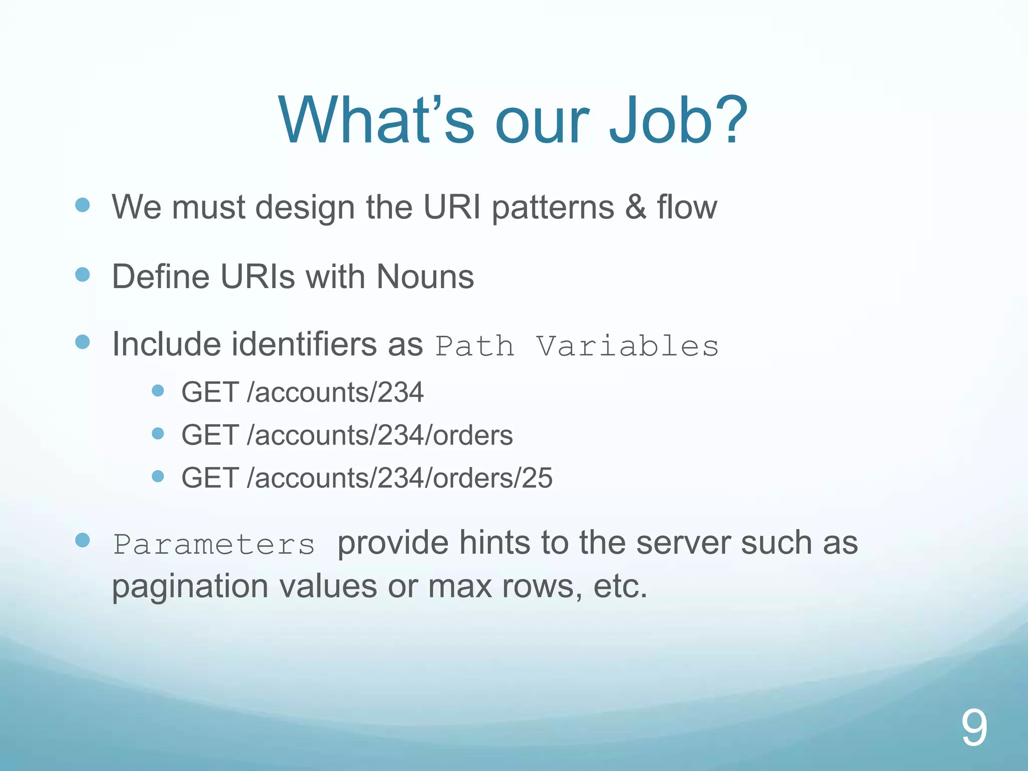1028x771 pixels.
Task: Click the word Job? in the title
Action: click(678, 120)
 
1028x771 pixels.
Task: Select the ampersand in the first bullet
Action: click(635, 207)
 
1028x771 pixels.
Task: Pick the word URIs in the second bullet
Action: click(258, 276)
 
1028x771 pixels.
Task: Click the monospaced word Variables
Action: click(627, 346)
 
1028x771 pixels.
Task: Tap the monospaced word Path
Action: click(475, 346)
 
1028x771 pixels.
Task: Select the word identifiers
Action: click(304, 344)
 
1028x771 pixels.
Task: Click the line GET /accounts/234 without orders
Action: click(302, 392)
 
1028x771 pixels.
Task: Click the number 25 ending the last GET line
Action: click(537, 477)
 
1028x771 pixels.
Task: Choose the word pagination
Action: click(190, 586)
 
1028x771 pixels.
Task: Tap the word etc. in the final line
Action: click(620, 586)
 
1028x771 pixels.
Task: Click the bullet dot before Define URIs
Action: click(82, 275)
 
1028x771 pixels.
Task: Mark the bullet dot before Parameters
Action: click(82, 540)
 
